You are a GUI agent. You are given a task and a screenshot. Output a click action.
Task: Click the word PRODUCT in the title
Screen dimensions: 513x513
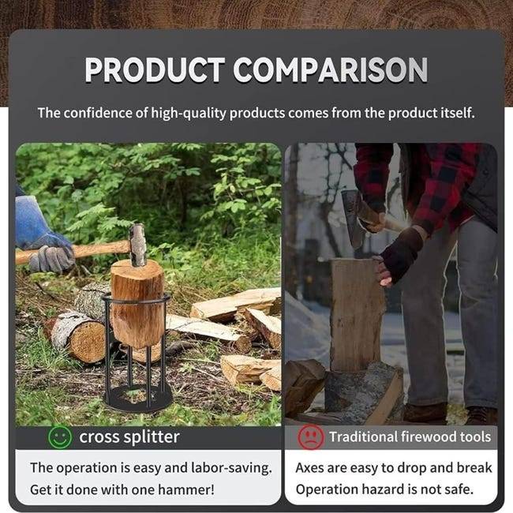[155, 69]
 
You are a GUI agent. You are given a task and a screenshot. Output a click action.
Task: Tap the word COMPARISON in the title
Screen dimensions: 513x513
[331, 69]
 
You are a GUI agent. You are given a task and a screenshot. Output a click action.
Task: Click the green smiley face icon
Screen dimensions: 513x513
[60, 437]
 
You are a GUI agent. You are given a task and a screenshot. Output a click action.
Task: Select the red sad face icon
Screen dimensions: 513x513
[310, 437]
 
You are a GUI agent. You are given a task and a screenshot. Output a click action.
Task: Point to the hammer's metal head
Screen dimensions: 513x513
[137, 245]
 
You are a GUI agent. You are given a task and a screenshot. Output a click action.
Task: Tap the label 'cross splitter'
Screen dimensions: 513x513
[129, 436]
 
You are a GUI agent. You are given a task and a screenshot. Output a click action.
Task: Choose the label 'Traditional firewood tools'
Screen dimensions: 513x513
[410, 436]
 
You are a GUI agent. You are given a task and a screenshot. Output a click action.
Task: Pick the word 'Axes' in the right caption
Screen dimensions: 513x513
[309, 468]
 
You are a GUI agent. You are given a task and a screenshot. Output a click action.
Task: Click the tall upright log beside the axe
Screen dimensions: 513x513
[357, 315]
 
